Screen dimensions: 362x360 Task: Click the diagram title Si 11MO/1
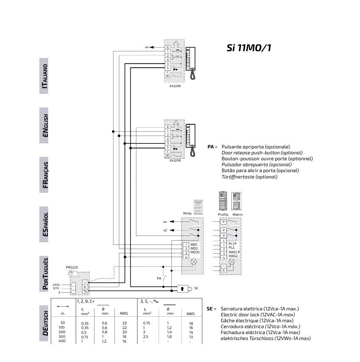(x=249, y=48)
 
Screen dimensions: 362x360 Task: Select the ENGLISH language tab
(x=44, y=126)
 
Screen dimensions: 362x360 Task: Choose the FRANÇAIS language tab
(x=44, y=175)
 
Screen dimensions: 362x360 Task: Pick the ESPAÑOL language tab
(x=44, y=225)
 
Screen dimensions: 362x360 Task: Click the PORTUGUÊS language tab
(x=44, y=274)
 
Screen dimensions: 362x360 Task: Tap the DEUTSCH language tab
(x=44, y=323)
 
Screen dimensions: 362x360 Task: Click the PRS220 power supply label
(x=72, y=267)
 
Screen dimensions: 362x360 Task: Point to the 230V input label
(x=56, y=285)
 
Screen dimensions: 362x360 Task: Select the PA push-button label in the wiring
(x=159, y=278)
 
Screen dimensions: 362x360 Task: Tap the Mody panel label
(x=187, y=214)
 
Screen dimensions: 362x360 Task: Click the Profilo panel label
(x=223, y=214)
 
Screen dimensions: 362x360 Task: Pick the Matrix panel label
(x=237, y=214)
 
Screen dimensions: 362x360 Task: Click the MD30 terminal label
(x=195, y=252)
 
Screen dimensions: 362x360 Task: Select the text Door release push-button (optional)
(x=262, y=153)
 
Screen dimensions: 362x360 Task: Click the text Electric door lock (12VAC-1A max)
(x=260, y=315)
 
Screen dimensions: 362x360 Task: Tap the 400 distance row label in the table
(x=62, y=340)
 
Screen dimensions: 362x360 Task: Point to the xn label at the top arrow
(x=147, y=47)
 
